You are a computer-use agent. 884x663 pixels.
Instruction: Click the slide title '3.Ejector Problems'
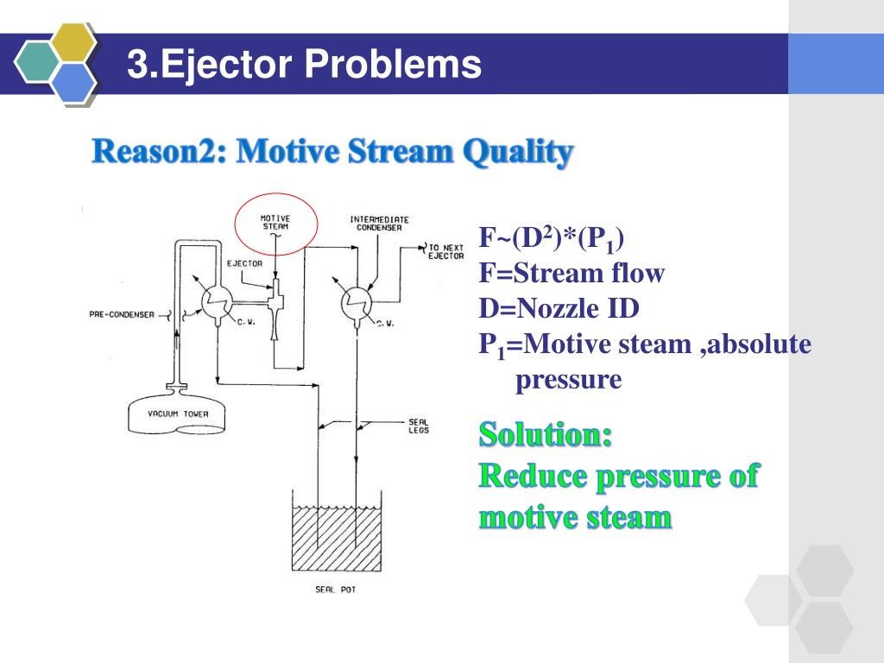pos(304,65)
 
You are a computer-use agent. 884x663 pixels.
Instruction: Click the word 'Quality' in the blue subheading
pos(517,153)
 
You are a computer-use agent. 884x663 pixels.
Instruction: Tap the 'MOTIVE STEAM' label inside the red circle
pos(276,222)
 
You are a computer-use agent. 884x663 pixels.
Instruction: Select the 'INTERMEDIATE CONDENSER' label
pos(379,224)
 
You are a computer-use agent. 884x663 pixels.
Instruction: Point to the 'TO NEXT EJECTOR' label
pos(446,252)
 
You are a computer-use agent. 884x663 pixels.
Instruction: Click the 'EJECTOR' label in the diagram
pos(245,263)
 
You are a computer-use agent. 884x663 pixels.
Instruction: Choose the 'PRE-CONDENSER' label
pos(122,314)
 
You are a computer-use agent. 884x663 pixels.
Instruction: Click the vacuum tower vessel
pos(178,414)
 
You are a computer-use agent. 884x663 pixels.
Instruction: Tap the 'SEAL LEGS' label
pos(418,426)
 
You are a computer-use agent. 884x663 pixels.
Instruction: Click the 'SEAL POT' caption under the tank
pos(336,590)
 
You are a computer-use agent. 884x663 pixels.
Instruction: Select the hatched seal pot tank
pos(336,538)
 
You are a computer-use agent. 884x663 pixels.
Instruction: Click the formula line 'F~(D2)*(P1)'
pos(552,238)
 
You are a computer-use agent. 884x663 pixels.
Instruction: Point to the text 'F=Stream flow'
pos(571,274)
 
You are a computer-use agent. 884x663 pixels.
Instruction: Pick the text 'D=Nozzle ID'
pos(559,308)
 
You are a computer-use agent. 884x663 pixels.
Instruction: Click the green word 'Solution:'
pos(546,433)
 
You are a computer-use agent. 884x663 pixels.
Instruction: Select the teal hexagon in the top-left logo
pos(38,62)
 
